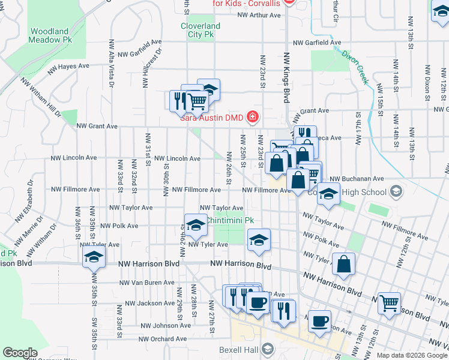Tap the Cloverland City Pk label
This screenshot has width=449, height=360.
(x=200, y=30)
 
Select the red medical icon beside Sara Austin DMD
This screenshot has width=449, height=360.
(x=253, y=116)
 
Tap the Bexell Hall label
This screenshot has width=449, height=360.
(x=242, y=349)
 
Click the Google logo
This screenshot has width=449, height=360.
(x=20, y=353)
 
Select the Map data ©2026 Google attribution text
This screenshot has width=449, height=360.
(x=412, y=355)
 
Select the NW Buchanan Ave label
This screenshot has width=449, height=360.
(x=360, y=178)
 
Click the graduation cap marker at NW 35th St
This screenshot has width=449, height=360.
(x=93, y=258)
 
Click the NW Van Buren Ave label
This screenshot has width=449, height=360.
(x=147, y=282)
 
